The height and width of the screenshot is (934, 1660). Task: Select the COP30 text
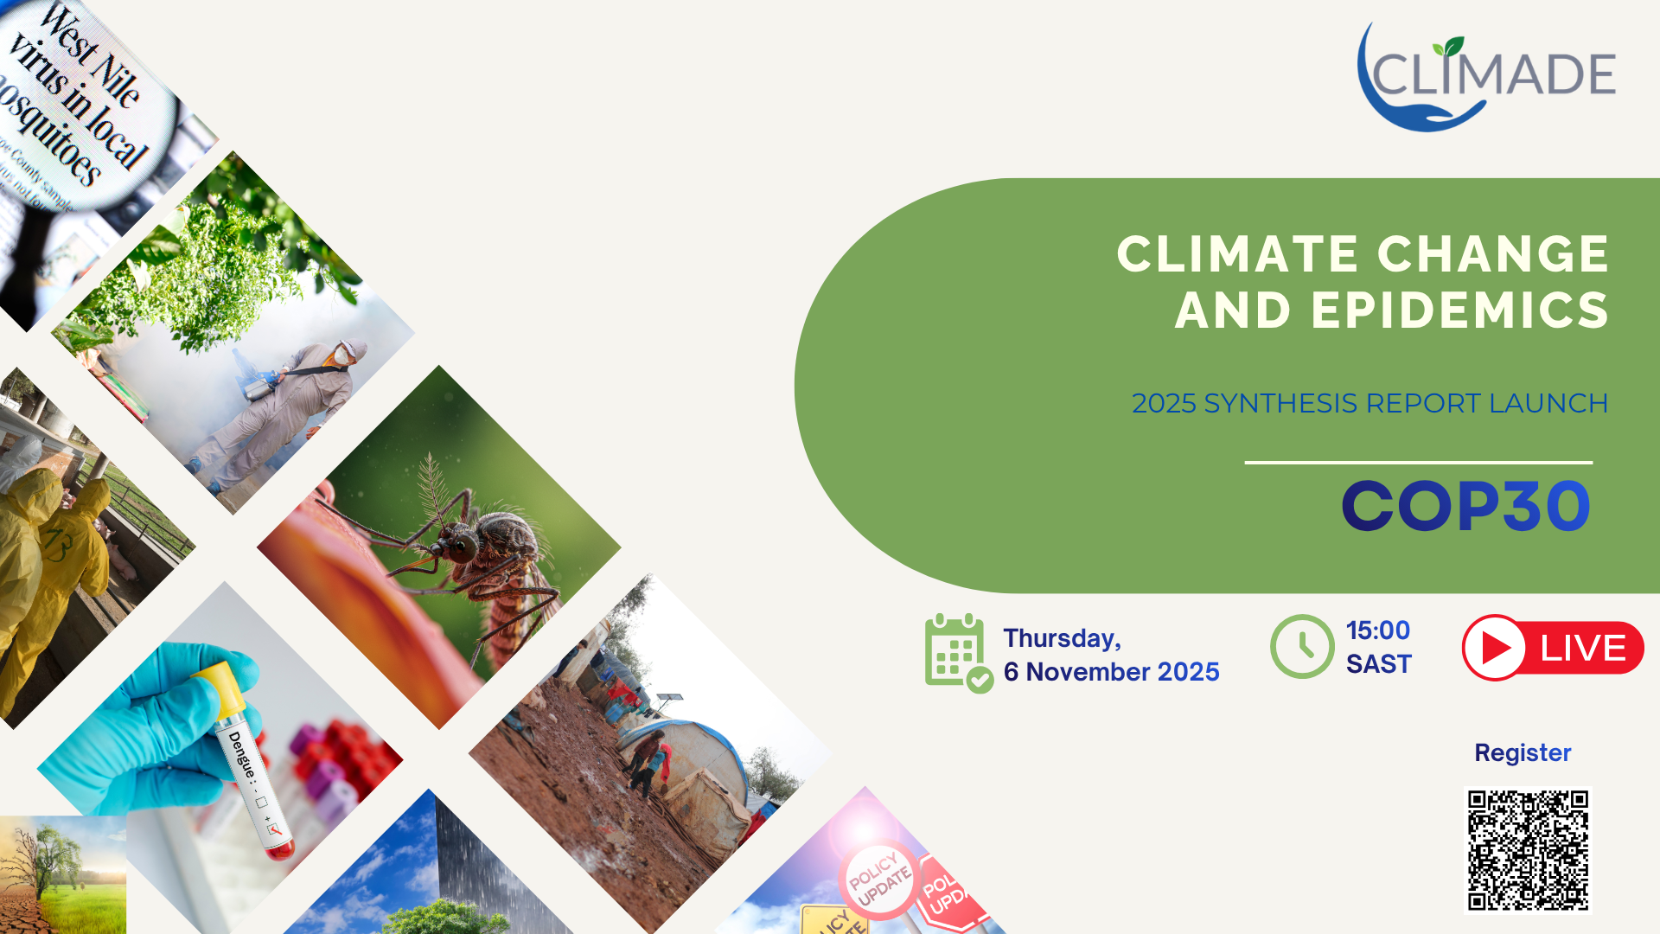[1465, 507]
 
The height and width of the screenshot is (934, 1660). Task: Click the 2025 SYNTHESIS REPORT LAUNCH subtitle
[1369, 404]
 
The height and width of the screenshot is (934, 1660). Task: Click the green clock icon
[1302, 647]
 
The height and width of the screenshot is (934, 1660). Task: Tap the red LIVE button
[1553, 648]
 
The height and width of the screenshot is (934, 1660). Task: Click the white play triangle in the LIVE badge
[1496, 648]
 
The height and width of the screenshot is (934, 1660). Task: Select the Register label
[1523, 753]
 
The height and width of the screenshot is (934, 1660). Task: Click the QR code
[1528, 849]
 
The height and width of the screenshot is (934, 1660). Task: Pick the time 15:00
[1378, 630]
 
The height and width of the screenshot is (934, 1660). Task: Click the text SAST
[1378, 664]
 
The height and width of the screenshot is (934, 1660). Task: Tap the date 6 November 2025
[1111, 672]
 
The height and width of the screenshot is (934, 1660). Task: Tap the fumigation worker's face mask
[342, 355]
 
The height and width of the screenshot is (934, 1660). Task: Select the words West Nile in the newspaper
[91, 56]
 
